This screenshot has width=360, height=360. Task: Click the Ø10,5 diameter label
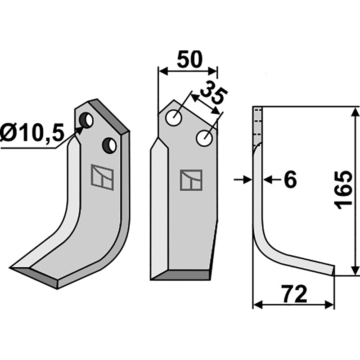(x=31, y=134)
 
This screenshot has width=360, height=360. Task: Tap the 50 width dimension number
(x=189, y=59)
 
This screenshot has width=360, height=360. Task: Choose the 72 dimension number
(x=295, y=294)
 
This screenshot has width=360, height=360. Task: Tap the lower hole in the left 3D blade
(x=109, y=145)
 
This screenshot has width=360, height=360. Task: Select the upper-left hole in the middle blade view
(x=174, y=118)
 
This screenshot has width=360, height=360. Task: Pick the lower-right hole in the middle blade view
(x=204, y=138)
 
